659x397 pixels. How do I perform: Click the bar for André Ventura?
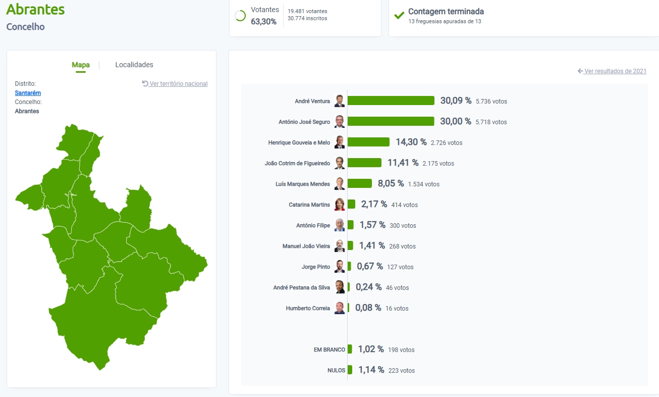click(x=391, y=101)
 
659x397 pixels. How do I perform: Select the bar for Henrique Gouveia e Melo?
click(x=368, y=142)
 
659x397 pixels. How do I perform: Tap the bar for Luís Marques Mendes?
click(x=359, y=183)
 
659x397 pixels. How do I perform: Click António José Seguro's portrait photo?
click(x=340, y=121)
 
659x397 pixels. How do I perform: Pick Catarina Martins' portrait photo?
click(x=340, y=204)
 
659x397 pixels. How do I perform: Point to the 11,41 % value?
click(x=403, y=163)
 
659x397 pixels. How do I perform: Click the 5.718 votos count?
click(x=491, y=122)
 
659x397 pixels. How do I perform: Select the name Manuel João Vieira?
click(x=306, y=246)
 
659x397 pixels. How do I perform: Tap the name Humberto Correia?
click(x=308, y=308)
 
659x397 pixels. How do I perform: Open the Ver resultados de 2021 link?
click(x=615, y=71)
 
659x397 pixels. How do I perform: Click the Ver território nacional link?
click(x=178, y=84)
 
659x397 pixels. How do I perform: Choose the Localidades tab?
click(x=134, y=65)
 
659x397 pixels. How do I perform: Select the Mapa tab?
click(x=81, y=65)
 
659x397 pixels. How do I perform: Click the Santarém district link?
click(x=28, y=93)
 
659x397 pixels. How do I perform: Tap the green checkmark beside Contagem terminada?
click(x=399, y=16)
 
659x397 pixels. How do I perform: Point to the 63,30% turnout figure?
click(x=263, y=22)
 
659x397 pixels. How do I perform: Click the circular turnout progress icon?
click(x=240, y=16)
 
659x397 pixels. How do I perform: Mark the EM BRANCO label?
click(x=329, y=350)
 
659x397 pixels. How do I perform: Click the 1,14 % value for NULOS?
click(x=371, y=370)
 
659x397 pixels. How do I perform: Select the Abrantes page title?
click(x=35, y=9)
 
